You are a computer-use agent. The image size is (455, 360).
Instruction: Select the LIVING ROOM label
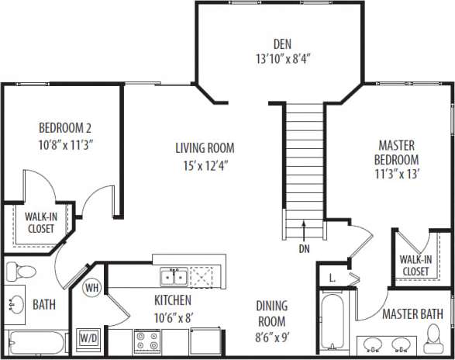(x=204, y=148)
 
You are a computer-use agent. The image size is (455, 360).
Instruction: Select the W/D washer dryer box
(x=89, y=338)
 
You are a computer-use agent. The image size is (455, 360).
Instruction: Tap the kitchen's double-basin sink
(x=173, y=276)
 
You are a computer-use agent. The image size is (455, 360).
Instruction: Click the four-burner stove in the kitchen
(x=147, y=340)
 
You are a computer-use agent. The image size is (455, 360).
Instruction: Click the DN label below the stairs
(x=304, y=250)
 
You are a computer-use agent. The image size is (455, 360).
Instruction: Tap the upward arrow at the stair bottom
(x=304, y=229)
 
